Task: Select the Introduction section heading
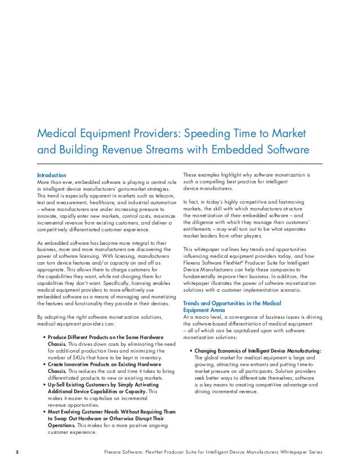pyautogui.click(x=51, y=175)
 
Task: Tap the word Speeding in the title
pyautogui.click(x=204, y=134)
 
